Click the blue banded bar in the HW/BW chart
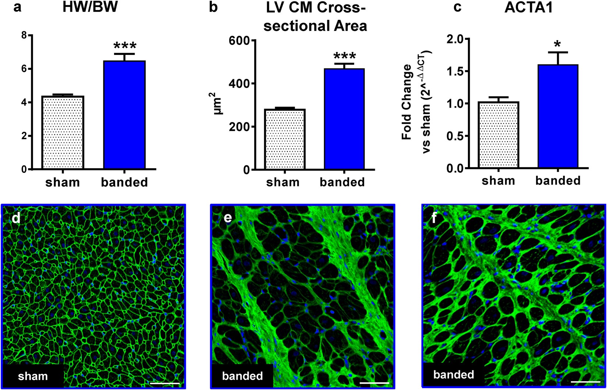pyautogui.click(x=124, y=115)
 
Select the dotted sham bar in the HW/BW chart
pyautogui.click(x=63, y=133)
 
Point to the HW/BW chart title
pyautogui.click(x=90, y=7)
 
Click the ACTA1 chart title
pyautogui.click(x=529, y=8)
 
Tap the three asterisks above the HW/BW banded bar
pyautogui.click(x=125, y=46)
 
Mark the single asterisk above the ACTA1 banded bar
pyautogui.click(x=558, y=45)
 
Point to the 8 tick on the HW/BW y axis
pyautogui.click(x=24, y=36)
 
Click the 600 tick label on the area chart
pyautogui.click(x=239, y=41)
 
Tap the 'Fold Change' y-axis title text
pyautogui.click(x=407, y=102)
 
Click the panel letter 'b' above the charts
pyautogui.click(x=213, y=7)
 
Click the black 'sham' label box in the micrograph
pyautogui.click(x=33, y=376)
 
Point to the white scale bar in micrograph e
pyautogui.click(x=374, y=383)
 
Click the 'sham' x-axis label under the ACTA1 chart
pyautogui.click(x=498, y=181)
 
